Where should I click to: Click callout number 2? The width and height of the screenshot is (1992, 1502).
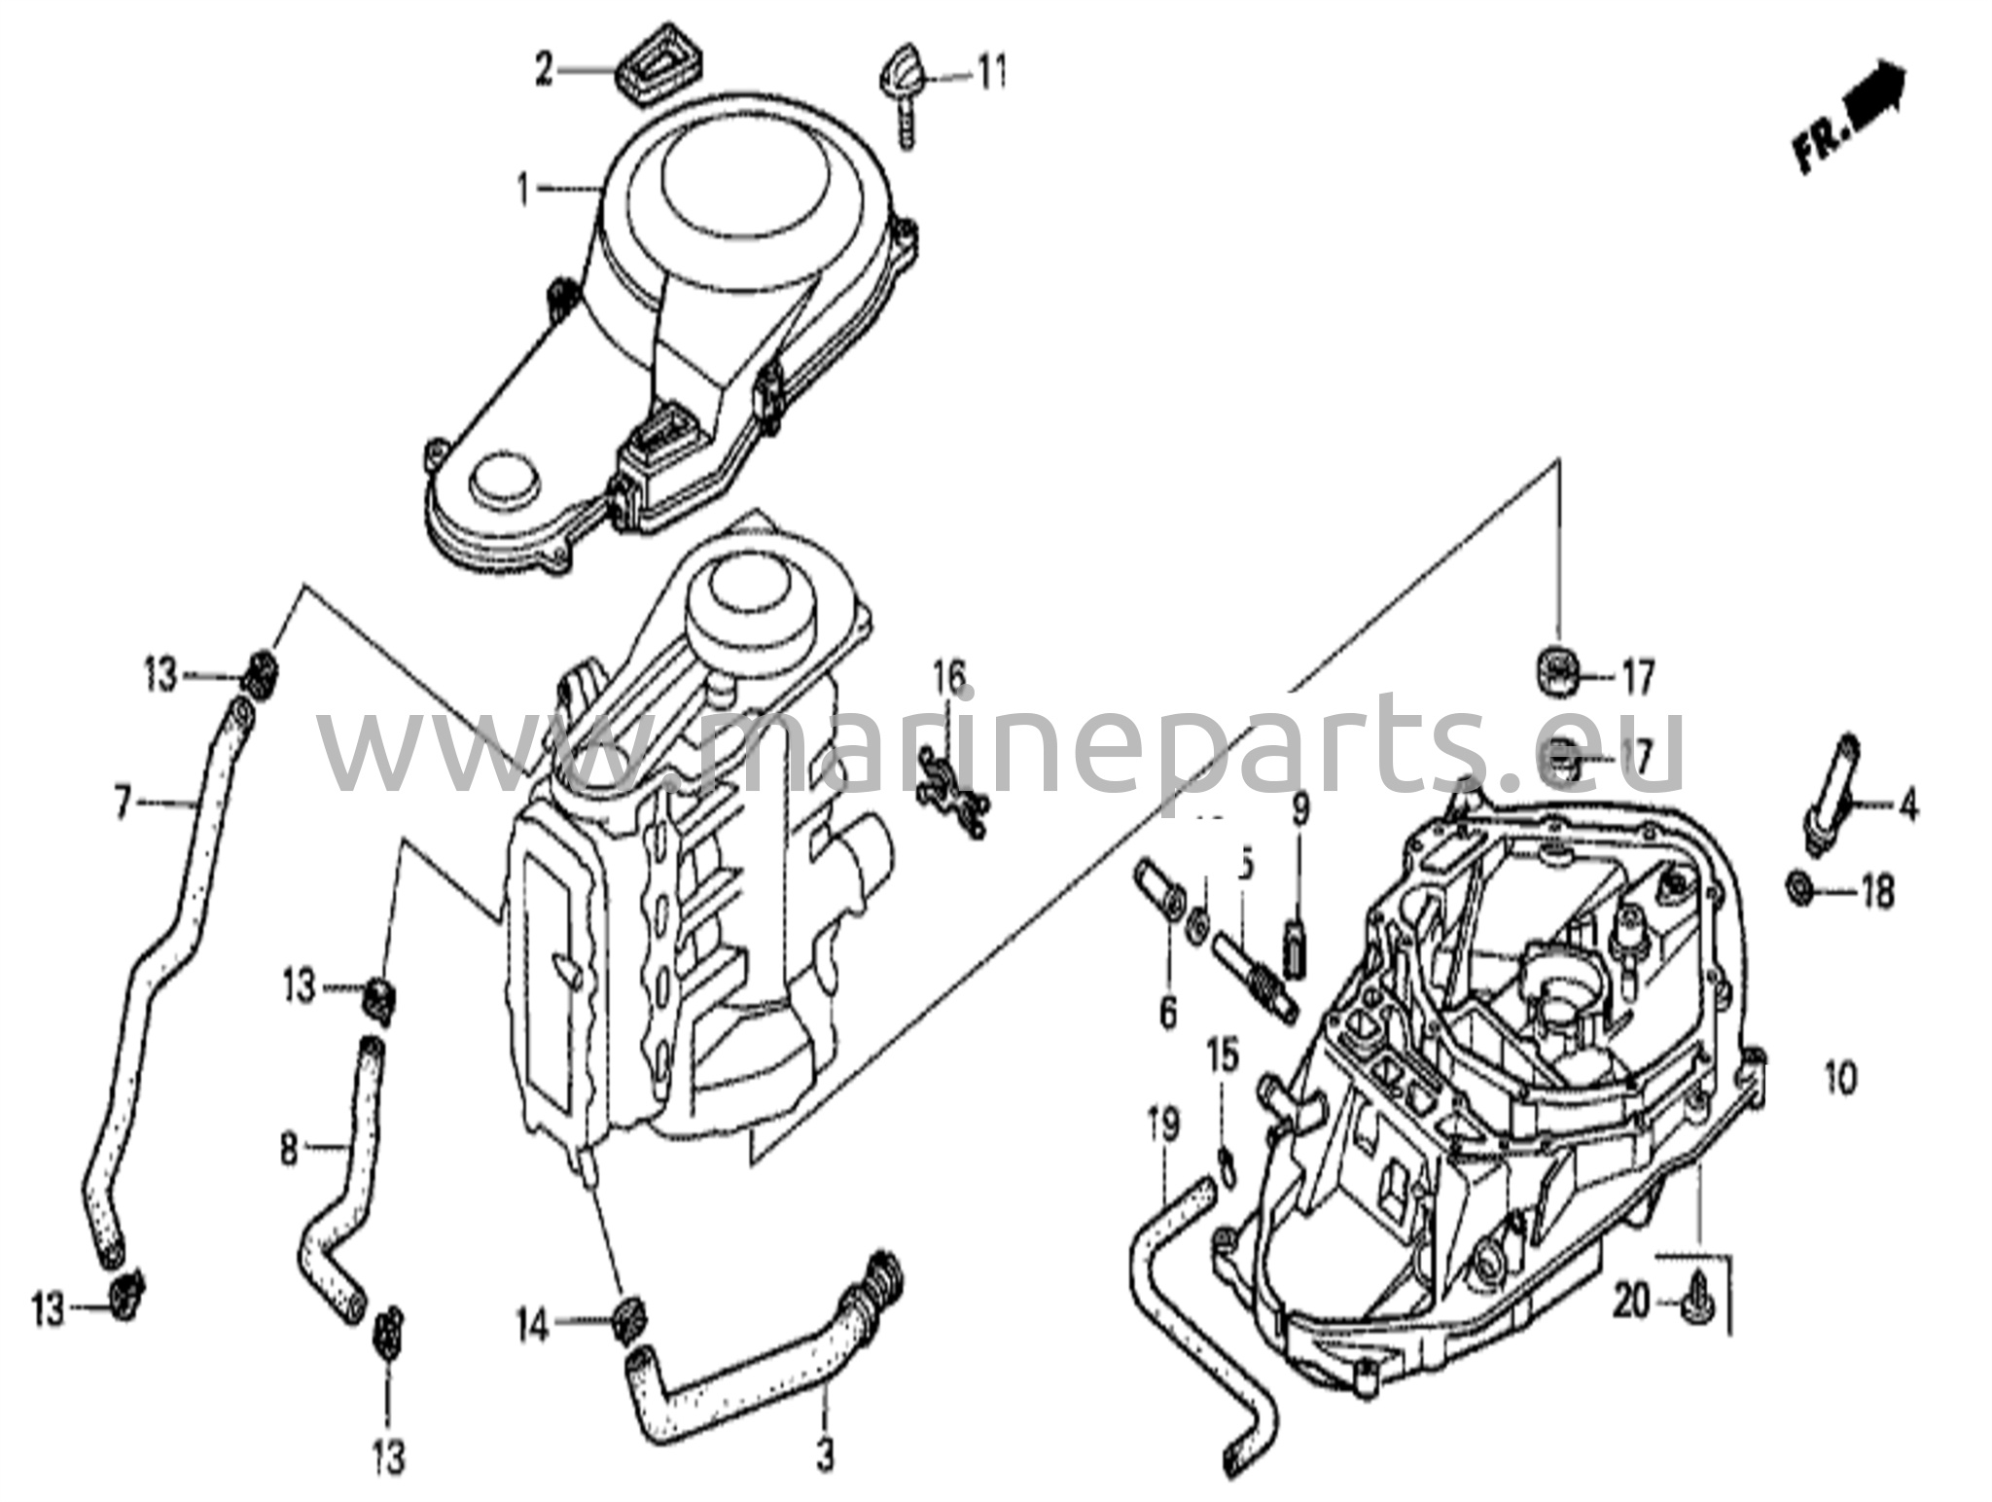(x=544, y=70)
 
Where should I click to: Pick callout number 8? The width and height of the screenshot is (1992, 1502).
(x=290, y=1151)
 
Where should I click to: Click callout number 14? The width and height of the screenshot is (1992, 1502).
(x=533, y=1327)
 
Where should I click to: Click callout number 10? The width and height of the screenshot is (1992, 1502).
(x=1840, y=1078)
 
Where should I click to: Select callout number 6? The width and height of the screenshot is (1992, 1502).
(x=1167, y=1013)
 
